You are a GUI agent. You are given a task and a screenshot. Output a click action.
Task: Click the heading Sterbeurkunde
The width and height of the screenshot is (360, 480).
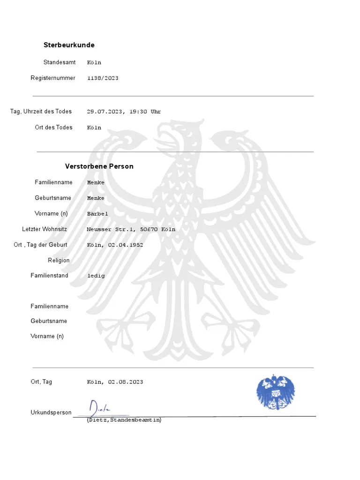click(69, 45)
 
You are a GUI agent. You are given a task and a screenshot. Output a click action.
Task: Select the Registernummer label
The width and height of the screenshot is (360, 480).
click(53, 78)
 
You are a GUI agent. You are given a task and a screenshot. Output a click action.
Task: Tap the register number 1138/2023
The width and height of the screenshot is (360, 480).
click(103, 78)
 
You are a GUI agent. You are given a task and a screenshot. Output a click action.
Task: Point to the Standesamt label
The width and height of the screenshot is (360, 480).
click(60, 62)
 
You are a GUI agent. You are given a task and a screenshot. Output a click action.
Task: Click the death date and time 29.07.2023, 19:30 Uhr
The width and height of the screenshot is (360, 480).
click(124, 112)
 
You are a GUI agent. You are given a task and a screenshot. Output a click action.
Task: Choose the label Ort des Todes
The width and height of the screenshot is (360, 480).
click(53, 127)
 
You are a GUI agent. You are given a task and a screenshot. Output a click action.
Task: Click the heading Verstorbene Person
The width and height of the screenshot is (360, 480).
click(99, 166)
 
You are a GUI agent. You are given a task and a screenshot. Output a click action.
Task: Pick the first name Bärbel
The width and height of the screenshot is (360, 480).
click(97, 214)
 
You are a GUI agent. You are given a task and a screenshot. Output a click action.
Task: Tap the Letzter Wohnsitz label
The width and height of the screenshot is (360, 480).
click(45, 229)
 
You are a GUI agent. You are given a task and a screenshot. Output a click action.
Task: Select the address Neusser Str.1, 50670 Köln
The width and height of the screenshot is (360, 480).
click(131, 230)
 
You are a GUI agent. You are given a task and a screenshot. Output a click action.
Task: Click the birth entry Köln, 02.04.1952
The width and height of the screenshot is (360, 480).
click(115, 245)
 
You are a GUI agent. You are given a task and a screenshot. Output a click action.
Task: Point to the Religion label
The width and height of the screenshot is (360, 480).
click(59, 261)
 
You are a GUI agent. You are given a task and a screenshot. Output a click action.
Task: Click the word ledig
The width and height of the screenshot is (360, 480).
click(96, 276)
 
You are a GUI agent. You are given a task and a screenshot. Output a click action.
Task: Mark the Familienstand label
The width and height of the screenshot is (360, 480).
click(49, 276)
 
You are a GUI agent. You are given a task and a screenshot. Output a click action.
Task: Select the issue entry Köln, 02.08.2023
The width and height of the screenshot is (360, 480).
click(115, 382)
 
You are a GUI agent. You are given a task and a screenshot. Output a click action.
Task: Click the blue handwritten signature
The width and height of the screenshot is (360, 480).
click(101, 407)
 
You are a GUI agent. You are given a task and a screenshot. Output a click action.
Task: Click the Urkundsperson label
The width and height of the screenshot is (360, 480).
click(51, 412)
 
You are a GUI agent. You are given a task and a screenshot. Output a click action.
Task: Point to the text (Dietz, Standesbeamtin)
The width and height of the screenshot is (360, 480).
click(124, 420)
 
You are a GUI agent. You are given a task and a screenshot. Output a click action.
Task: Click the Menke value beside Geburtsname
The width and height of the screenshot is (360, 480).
click(96, 198)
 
